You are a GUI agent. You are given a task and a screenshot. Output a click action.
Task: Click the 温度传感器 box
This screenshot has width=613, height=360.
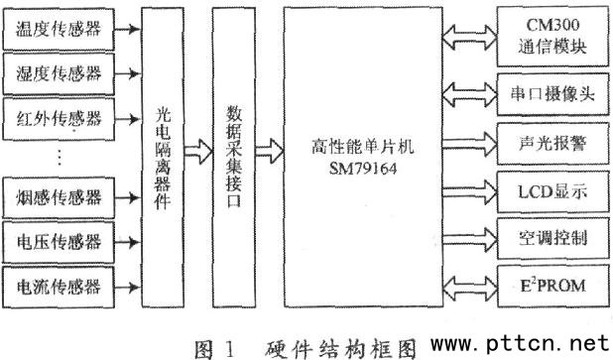point(59,30)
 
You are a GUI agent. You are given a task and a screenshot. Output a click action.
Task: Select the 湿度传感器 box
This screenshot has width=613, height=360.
point(59,73)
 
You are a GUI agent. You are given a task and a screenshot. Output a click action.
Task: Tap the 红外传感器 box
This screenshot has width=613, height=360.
point(59,119)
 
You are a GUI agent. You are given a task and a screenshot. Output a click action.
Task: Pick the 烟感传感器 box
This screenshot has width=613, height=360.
point(59,197)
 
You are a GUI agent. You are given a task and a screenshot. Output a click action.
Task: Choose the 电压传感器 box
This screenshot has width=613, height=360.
point(59,242)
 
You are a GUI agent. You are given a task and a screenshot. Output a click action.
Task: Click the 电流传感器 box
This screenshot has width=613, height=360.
point(59,287)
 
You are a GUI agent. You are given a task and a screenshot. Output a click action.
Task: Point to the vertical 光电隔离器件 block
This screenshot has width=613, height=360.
point(163,158)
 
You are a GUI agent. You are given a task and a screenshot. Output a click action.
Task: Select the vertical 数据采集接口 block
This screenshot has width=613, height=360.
point(234,158)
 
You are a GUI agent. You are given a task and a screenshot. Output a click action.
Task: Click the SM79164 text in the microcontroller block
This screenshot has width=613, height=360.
point(363,169)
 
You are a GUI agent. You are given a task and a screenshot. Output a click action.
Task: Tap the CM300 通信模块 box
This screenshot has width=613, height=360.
point(552,37)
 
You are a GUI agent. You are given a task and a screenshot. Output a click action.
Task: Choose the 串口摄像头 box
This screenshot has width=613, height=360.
point(552,94)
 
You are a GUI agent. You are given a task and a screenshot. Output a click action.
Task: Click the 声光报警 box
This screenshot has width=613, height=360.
point(552,144)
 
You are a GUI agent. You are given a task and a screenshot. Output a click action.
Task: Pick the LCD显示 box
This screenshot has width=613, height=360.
point(552,191)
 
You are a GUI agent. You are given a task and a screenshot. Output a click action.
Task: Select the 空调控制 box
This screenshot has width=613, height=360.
point(552,238)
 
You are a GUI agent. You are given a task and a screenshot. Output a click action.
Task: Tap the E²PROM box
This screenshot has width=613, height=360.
point(552,287)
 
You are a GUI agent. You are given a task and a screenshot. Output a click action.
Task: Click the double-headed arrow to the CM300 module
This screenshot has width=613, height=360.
point(469,38)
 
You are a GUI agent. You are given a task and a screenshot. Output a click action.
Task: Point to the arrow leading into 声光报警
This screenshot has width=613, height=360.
point(470,144)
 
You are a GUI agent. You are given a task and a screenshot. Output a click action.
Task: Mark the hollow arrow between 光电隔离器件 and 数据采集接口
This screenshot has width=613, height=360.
point(198,152)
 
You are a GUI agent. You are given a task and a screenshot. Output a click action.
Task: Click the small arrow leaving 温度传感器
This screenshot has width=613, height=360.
point(127,29)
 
